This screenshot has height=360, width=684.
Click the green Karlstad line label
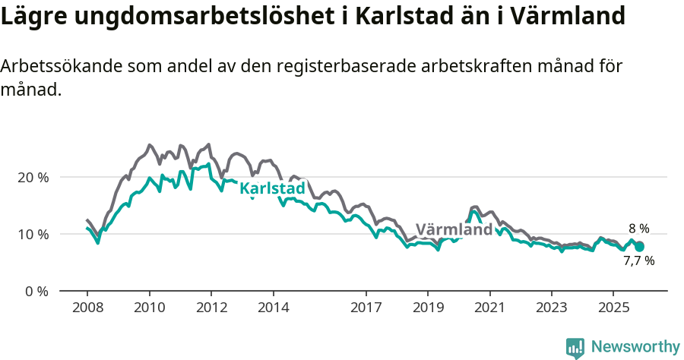click(272, 188)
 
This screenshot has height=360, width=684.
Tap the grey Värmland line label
click(454, 229)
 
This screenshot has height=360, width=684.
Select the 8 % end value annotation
click(638, 228)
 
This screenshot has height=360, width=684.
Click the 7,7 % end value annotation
click(638, 261)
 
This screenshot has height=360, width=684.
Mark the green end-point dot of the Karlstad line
click(640, 247)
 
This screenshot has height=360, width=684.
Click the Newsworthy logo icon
click(575, 348)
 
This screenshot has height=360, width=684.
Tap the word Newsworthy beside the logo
click(635, 347)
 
